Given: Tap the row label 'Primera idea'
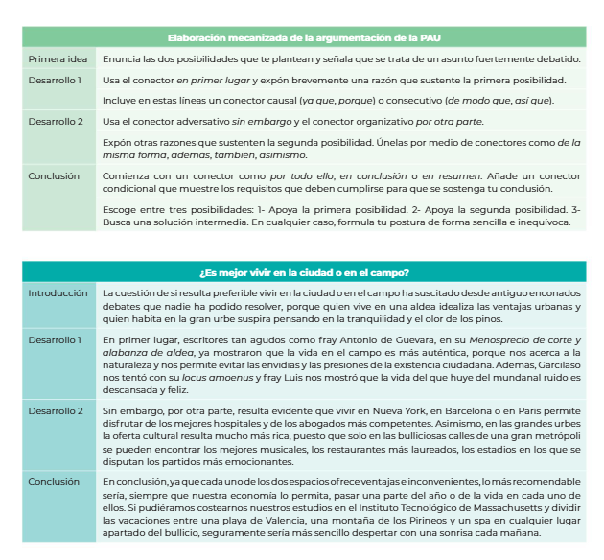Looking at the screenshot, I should [58, 58].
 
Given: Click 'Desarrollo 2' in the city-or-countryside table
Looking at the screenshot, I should [56, 410].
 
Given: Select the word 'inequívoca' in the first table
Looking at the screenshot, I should [542, 222].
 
